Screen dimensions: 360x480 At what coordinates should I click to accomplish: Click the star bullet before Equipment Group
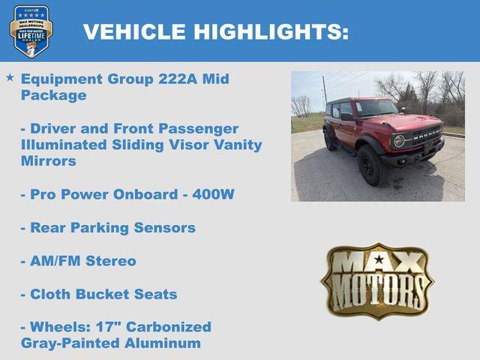(10, 77)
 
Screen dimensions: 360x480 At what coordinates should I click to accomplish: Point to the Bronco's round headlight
(399, 140)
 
